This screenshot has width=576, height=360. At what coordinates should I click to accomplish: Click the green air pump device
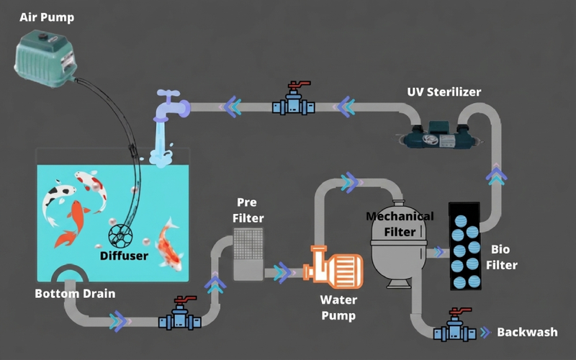tap(45, 59)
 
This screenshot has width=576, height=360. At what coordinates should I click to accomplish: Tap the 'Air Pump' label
tap(47, 17)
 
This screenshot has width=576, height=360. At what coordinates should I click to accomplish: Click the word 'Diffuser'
tap(124, 256)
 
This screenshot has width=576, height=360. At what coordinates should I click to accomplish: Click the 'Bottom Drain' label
tap(75, 294)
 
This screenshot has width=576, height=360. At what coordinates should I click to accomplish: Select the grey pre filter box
tap(248, 254)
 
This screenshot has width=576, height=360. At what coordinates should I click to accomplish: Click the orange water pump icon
tap(333, 266)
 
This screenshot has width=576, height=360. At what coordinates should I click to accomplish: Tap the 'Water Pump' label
tap(338, 308)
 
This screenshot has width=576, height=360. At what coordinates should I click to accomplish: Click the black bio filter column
tap(464, 246)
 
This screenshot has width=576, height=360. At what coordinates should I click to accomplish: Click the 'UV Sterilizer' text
tap(444, 92)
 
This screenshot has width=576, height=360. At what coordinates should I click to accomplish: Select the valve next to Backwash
tap(455, 325)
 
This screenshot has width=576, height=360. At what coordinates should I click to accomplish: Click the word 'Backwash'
tap(527, 332)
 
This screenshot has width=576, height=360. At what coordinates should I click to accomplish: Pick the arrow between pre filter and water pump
tap(282, 273)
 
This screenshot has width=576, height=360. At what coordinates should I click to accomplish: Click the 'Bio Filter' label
tap(501, 257)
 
